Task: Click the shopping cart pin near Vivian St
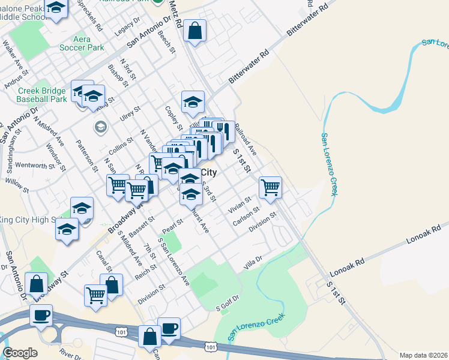click(x=271, y=187)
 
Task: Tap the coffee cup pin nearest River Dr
click(x=41, y=316)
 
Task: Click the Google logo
click(x=20, y=353)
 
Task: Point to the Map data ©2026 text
click(x=423, y=355)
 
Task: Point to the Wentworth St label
click(x=38, y=166)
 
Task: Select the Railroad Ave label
click(x=245, y=140)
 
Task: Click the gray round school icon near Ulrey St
click(x=100, y=127)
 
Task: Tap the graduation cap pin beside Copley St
click(x=193, y=103)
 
